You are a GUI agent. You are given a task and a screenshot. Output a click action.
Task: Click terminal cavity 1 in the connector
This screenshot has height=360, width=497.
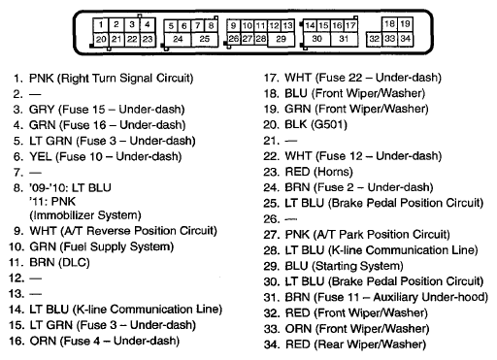(101, 25)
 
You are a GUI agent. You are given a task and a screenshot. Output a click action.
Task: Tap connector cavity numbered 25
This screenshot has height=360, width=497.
(204, 39)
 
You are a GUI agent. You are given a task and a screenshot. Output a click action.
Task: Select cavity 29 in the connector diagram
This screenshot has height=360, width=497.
(281, 39)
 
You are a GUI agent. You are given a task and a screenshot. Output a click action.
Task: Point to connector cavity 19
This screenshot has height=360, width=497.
(405, 23)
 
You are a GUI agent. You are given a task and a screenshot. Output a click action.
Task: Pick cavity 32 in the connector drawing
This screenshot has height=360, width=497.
(374, 39)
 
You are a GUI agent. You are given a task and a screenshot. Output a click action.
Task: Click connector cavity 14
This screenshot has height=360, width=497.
(310, 25)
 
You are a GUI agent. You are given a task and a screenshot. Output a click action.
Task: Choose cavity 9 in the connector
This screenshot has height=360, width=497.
(233, 25)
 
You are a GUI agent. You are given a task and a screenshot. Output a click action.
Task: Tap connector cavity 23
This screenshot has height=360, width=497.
(148, 39)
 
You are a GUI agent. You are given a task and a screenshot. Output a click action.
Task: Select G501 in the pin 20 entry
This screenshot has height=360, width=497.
(328, 124)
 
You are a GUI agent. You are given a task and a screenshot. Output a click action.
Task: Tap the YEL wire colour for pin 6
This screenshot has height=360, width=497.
(41, 156)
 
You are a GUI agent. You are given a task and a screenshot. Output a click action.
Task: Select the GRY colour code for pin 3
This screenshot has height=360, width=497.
(42, 110)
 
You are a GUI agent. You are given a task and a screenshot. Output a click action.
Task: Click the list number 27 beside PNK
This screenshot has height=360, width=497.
(271, 235)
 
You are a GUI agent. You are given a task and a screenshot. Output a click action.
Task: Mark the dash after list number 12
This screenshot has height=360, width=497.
(35, 278)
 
